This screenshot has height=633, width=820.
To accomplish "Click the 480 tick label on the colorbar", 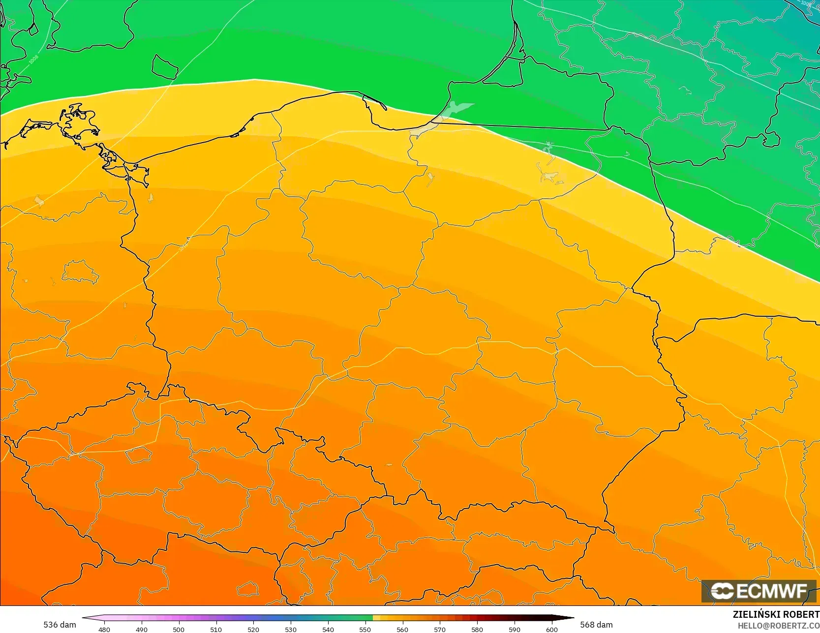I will tap(104, 629).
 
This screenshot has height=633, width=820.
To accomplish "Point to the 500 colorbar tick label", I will tap(179, 629).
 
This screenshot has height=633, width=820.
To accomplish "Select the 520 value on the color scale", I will tap(253, 629).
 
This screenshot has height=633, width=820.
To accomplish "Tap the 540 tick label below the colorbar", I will tap(328, 629).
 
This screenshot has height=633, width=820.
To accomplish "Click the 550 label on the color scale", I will tap(365, 629).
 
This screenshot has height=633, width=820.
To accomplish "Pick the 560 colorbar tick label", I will tap(402, 629).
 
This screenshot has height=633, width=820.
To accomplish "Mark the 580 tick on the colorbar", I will tap(477, 629).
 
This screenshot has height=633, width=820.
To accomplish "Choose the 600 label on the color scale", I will tap(552, 629).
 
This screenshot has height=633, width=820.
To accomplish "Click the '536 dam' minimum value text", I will tap(60, 625).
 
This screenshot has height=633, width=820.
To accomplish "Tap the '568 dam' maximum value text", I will tap(596, 625).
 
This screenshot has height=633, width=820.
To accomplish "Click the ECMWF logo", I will tap(759, 591).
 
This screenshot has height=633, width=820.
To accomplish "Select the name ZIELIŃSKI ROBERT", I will tap(776, 614).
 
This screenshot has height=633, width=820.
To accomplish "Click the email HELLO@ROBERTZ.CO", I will tap(778, 625).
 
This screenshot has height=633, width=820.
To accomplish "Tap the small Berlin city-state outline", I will tap(80, 272).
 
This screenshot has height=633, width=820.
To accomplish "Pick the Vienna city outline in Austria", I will tap(247, 588).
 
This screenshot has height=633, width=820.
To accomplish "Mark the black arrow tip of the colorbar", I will tap(572, 618).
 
